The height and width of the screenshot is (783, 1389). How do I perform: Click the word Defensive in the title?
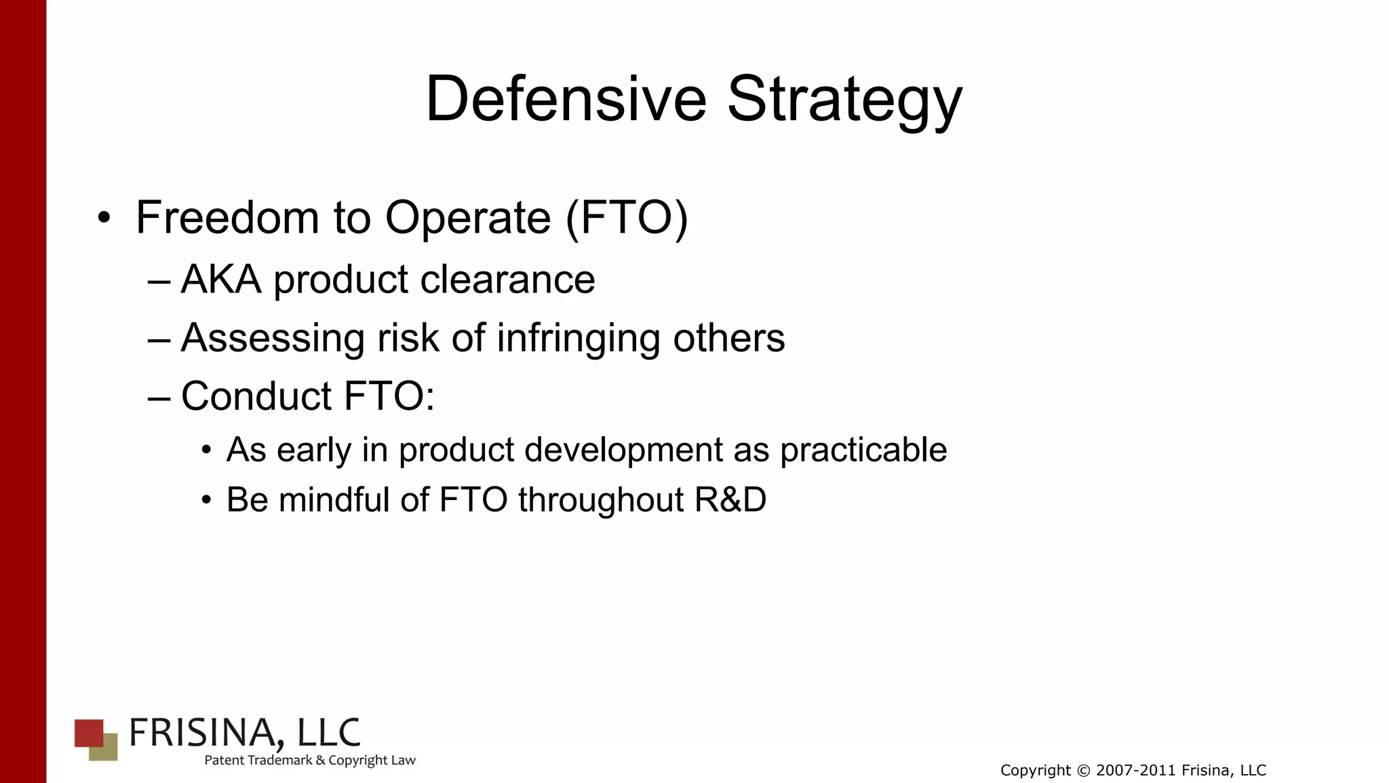(566, 99)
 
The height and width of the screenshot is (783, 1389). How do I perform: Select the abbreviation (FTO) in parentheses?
(626, 218)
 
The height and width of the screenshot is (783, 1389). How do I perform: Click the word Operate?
(468, 219)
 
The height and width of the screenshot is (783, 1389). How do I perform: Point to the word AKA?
(221, 279)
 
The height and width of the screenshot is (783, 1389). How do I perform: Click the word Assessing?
(273, 339)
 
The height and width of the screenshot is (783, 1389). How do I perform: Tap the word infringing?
(579, 339)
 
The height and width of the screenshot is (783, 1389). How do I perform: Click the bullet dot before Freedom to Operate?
(103, 218)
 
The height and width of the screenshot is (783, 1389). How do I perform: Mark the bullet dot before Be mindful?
(207, 501)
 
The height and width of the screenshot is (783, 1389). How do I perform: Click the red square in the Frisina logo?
(87, 732)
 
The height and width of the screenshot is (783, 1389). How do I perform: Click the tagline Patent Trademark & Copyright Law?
(310, 761)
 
